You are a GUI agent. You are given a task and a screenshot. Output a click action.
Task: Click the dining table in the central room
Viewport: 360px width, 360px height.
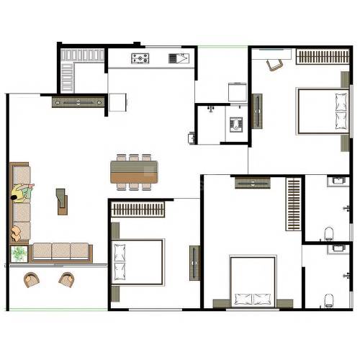(134, 171)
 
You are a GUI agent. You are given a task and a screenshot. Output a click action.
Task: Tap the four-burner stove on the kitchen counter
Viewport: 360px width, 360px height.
(140, 58)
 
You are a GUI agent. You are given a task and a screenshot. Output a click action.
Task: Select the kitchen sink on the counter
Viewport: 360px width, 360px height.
(177, 58)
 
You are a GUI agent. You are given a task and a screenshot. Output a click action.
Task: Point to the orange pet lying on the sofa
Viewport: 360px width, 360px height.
(16, 233)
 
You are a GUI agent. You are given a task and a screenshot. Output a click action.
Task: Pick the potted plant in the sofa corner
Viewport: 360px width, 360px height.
(19, 253)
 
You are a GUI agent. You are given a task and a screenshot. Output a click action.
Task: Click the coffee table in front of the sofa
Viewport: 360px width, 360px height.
(62, 201)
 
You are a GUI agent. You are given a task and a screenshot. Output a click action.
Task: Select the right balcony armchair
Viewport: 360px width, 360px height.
(67, 279)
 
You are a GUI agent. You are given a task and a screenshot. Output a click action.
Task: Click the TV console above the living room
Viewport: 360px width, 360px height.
(78, 102)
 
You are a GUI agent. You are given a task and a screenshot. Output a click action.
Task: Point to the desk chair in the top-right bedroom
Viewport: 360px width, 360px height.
(275, 64)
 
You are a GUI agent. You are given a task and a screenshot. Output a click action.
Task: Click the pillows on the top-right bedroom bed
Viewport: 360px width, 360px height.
(341, 111)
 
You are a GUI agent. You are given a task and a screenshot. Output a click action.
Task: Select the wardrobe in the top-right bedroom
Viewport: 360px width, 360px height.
(322, 57)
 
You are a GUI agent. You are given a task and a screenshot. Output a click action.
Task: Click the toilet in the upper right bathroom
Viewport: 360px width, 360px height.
(329, 233)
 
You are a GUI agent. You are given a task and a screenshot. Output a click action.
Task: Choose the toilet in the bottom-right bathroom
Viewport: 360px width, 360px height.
(329, 299)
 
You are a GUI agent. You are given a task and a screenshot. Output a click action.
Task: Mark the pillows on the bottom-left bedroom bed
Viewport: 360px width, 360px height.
(119, 261)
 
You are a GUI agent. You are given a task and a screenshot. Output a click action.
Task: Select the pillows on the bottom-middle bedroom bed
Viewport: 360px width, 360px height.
(252, 299)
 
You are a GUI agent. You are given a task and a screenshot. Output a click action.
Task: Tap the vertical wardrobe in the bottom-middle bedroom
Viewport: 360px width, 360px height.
(293, 204)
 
